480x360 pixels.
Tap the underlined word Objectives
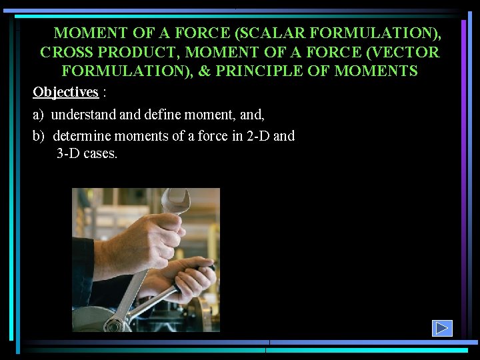pos(65,92)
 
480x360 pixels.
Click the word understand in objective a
pos(84,115)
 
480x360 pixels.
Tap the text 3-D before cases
pos(69,154)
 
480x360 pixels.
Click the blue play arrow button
pos(442,328)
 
